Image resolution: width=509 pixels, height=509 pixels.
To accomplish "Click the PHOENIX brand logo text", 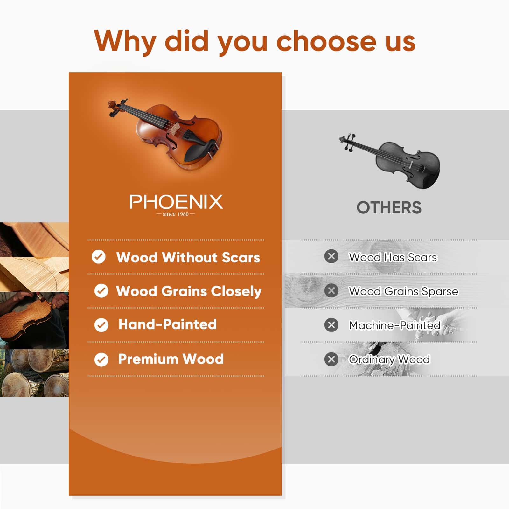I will pyautogui.click(x=176, y=202).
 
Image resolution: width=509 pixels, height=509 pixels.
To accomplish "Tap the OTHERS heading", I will pyautogui.click(x=389, y=208).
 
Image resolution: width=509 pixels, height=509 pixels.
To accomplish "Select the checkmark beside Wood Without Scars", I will pyautogui.click(x=99, y=256).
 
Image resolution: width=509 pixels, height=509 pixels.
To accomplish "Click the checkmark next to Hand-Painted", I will pyautogui.click(x=101, y=325).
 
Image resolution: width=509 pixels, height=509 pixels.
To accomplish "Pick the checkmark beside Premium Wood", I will pyautogui.click(x=101, y=359).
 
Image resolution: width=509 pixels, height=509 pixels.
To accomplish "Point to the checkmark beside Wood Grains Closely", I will pyautogui.click(x=101, y=291).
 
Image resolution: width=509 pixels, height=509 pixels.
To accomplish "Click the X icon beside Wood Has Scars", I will pyautogui.click(x=331, y=256).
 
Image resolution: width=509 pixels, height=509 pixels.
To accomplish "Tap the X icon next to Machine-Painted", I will pyautogui.click(x=331, y=325).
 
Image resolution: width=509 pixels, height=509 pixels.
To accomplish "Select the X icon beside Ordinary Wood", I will pyautogui.click(x=331, y=359).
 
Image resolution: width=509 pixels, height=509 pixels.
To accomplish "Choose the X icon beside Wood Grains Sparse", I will pyautogui.click(x=331, y=290).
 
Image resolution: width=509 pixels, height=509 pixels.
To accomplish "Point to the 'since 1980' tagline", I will pyautogui.click(x=176, y=214).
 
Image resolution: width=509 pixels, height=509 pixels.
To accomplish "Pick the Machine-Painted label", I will pyautogui.click(x=394, y=325).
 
